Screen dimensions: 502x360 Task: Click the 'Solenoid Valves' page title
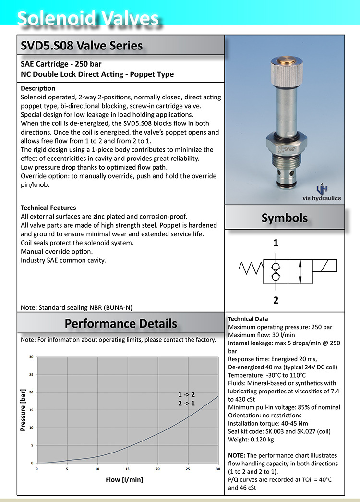[x=88, y=19]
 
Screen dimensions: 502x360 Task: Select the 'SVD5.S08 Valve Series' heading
[x=82, y=46]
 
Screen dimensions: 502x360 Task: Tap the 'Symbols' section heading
[x=284, y=218]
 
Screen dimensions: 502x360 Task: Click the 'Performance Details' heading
[x=121, y=323]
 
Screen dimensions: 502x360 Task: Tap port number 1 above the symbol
[x=276, y=244]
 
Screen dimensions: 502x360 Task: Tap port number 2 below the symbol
[x=276, y=301]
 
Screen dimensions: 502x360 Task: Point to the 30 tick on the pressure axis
[x=31, y=357]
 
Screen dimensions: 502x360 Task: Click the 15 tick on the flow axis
[x=128, y=469]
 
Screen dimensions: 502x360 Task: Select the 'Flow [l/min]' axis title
[x=124, y=479]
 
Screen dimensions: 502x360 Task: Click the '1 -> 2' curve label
[x=186, y=394]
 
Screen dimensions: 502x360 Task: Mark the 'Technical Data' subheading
[x=248, y=319]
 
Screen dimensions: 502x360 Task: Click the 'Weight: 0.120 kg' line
[x=251, y=440]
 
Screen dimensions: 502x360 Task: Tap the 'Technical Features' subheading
[x=48, y=208]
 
